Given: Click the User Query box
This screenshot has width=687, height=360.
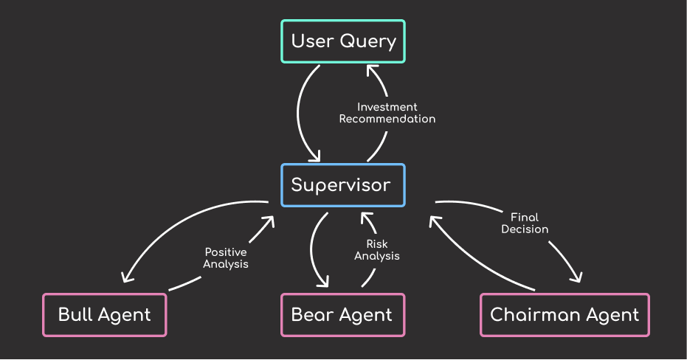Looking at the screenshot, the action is coord(343,41).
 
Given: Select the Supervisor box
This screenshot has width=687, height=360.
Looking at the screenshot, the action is coord(343,185).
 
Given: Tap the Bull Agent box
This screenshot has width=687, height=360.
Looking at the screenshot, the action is coord(105,315).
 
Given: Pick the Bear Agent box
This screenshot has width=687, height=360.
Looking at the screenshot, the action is coord(343,315).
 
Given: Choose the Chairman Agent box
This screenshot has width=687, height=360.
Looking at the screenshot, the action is coord(565,315).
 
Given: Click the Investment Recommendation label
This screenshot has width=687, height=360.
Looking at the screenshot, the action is coord(387,113).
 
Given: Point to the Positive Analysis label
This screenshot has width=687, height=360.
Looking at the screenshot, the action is coord(226,258).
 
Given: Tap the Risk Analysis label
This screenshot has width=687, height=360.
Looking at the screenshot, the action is coord(377,250).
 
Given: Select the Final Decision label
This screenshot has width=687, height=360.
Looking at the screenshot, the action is coord(525,223).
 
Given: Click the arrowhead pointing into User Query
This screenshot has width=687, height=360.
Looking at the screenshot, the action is coord(372,70).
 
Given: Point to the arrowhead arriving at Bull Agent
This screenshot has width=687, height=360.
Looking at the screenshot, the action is coord(127,277).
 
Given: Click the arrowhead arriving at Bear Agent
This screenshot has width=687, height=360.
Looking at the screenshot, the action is coord(324,282).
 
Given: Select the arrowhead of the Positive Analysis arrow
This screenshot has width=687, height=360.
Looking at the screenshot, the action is coord(269,221).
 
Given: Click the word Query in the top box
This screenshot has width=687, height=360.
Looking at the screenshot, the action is coord(368,42).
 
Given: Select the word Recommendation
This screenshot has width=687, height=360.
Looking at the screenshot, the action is coord(387,119).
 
